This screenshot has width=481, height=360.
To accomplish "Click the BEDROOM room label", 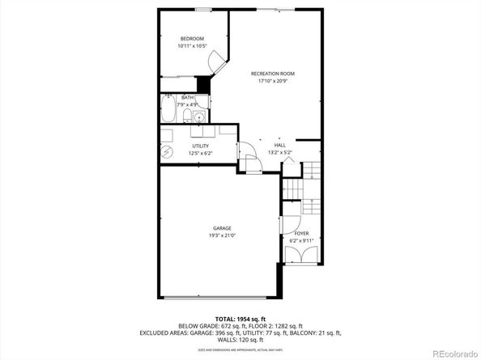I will pyautogui.click(x=191, y=39).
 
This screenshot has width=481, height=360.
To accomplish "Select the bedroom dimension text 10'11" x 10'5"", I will pyautogui.click(x=191, y=46).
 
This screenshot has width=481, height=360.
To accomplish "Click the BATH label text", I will pyautogui.click(x=187, y=98).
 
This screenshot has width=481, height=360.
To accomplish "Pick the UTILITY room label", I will pyautogui.click(x=200, y=146).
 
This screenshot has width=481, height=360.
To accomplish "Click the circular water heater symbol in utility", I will pyautogui.click(x=167, y=151).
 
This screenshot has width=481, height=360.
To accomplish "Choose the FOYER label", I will pyautogui.click(x=300, y=233).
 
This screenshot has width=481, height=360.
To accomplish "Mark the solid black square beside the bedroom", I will pyautogui.click(x=203, y=83).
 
